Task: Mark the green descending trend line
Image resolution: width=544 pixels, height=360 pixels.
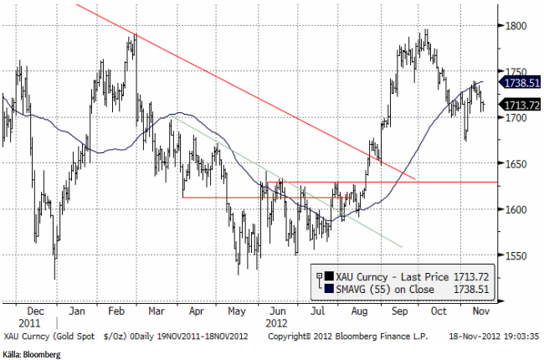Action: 285,182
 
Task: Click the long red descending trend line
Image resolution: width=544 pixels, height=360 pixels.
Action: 251,95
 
